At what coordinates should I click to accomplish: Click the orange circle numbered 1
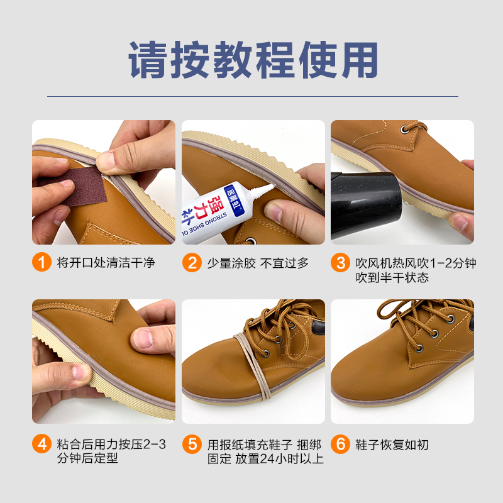(41, 262)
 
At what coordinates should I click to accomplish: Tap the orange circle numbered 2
(192, 263)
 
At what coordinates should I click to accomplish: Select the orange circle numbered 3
(340, 263)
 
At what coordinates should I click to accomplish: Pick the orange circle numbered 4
(41, 444)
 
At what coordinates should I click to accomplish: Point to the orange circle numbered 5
(192, 445)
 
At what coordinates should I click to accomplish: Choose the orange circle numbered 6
(340, 445)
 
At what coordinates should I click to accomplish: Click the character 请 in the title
(147, 60)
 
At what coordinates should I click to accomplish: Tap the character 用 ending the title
(360, 60)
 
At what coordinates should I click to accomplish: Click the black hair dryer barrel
(366, 206)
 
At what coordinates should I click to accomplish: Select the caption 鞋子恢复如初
(392, 445)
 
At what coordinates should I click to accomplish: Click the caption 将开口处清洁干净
(106, 262)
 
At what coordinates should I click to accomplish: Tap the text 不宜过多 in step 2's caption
(284, 263)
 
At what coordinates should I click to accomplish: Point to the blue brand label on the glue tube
(234, 199)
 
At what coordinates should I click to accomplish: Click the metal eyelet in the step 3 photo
(404, 130)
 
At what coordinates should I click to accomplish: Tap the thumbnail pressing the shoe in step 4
(144, 338)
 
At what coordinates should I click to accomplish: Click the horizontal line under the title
(253, 96)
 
